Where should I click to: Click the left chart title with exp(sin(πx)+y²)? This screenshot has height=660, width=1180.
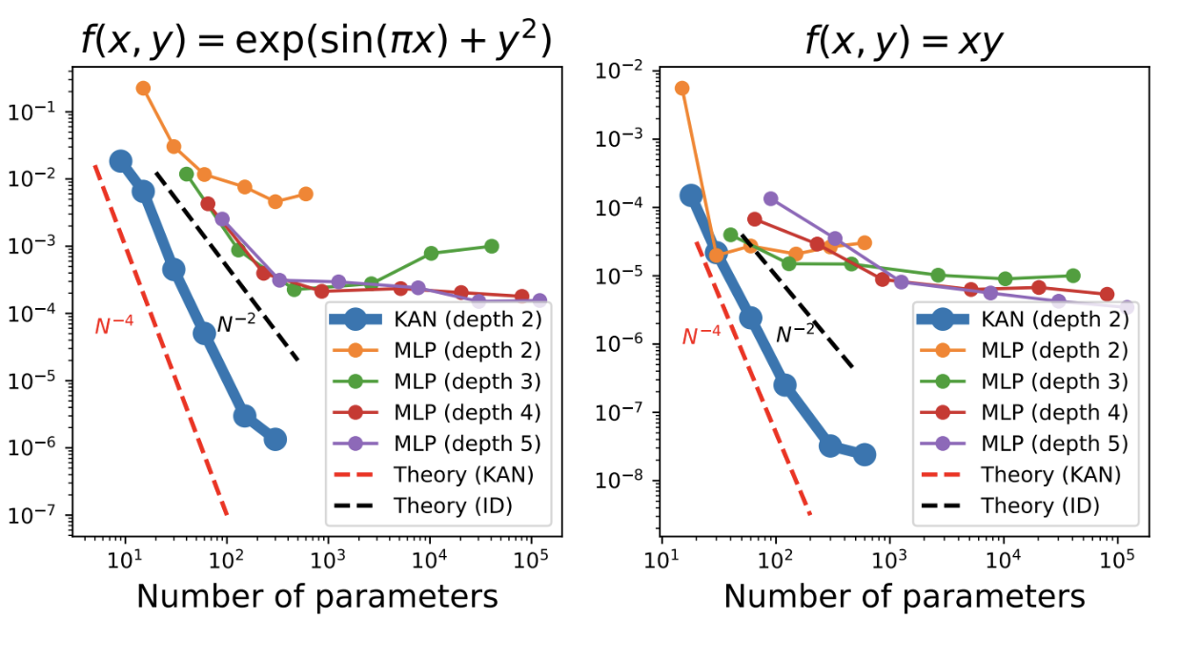pyautogui.click(x=316, y=43)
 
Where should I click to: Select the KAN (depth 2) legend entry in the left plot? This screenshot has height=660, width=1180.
pyautogui.click(x=434, y=318)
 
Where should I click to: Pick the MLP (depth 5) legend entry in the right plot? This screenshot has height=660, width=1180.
pyautogui.click(x=1020, y=443)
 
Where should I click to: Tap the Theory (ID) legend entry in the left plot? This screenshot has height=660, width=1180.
pyautogui.click(x=434, y=505)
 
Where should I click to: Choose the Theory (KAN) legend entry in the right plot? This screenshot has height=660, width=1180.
pyautogui.click(x=1020, y=474)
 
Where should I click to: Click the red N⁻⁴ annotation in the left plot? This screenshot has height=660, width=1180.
pyautogui.click(x=113, y=325)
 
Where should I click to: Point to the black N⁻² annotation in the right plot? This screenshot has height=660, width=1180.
pyautogui.click(x=794, y=333)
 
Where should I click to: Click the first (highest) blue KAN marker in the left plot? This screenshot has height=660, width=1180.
pyautogui.click(x=121, y=161)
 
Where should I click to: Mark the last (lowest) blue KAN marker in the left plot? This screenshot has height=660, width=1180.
pyautogui.click(x=275, y=439)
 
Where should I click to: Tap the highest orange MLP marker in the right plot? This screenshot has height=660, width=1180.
pyautogui.click(x=682, y=89)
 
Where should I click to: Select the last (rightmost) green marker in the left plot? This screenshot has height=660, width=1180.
pyautogui.click(x=492, y=246)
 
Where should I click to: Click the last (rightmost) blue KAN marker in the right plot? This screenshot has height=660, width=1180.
pyautogui.click(x=864, y=454)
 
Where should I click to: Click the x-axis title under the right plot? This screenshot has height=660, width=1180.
pyautogui.click(x=904, y=596)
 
